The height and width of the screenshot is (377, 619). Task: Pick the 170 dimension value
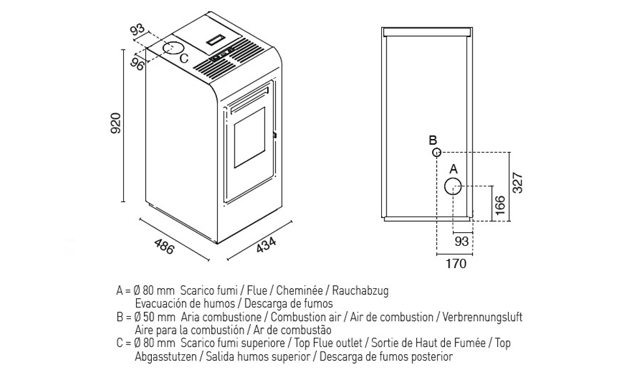(x=455, y=264)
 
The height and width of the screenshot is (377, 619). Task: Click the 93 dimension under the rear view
(x=461, y=241)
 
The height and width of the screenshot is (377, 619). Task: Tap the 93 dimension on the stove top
(x=137, y=30)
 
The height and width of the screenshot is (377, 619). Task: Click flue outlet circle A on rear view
(x=453, y=187)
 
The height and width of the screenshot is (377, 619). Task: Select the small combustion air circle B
(x=437, y=152)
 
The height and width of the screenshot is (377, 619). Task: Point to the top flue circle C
(x=173, y=48)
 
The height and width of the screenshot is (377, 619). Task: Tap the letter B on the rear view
(x=433, y=140)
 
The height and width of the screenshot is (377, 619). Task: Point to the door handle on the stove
(x=275, y=135)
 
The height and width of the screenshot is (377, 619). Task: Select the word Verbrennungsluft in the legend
(x=482, y=317)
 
